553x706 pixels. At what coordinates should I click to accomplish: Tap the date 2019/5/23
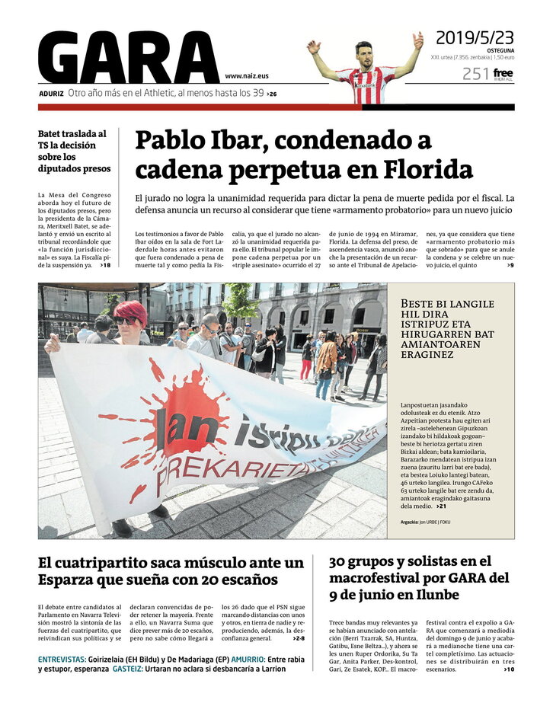(x=475, y=37)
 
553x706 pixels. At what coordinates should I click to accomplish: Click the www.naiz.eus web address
(x=246, y=76)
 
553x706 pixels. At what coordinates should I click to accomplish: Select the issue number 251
(x=475, y=74)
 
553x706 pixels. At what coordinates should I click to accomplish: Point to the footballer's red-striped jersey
(x=365, y=85)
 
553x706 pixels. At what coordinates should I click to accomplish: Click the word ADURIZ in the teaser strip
(x=52, y=94)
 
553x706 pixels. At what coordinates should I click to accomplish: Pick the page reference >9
(x=510, y=265)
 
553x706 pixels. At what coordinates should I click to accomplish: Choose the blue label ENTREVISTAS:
(x=62, y=659)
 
